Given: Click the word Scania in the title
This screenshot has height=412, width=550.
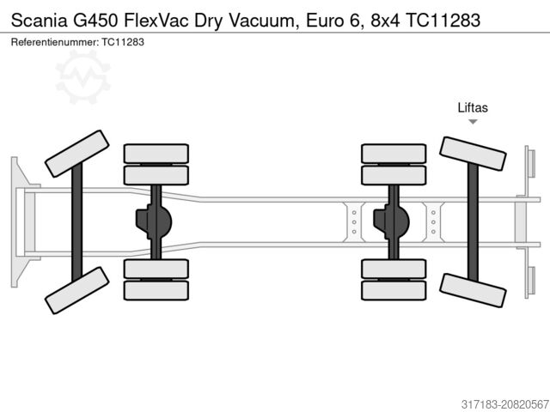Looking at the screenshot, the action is (39, 21).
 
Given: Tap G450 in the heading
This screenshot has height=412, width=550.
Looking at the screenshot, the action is (95, 21).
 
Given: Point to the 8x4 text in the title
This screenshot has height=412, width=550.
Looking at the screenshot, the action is (385, 21).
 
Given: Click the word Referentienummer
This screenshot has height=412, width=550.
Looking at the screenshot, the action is (55, 42).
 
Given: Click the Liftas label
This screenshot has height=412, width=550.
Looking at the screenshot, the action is (473, 107).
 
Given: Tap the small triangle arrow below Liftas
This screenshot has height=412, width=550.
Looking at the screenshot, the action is (473, 122).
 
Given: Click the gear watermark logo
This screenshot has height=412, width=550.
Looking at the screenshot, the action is (82, 77).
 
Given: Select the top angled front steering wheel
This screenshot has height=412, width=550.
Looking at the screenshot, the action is (77, 154).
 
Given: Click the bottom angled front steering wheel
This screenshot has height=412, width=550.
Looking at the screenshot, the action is (77, 290).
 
